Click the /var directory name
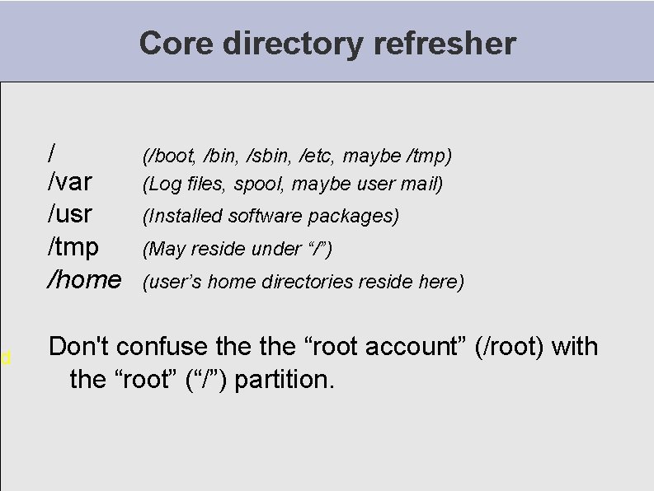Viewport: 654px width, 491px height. [70, 181]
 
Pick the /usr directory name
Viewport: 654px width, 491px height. [70, 214]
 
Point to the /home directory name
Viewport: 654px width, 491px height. [84, 279]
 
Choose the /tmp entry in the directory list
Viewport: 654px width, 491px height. [73, 246]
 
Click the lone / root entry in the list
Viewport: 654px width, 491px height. [53, 152]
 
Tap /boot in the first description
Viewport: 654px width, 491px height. [170, 156]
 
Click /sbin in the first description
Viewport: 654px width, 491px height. [269, 156]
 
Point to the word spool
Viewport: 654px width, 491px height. [260, 184]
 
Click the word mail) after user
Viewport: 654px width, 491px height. [423, 184]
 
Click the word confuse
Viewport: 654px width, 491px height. [158, 347]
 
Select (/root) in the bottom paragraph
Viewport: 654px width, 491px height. [510, 347]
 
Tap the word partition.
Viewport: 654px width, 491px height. [285, 380]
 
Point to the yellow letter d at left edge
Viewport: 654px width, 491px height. [5, 358]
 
